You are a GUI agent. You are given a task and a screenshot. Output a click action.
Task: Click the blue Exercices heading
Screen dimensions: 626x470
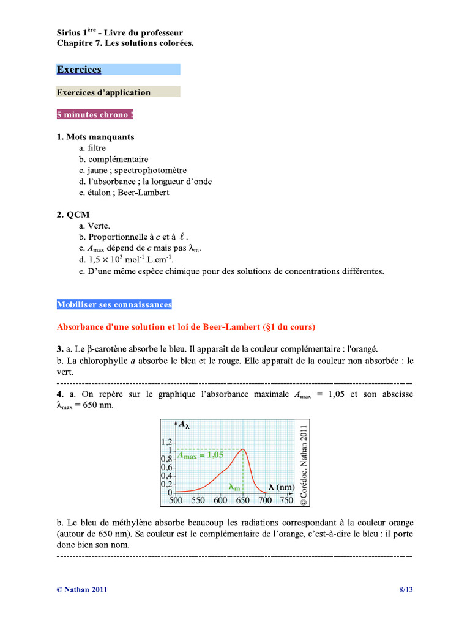click(x=79, y=70)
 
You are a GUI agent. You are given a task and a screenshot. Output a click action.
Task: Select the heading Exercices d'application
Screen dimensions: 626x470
click(x=103, y=92)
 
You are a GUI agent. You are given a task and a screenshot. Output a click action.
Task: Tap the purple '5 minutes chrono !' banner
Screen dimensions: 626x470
click(x=95, y=115)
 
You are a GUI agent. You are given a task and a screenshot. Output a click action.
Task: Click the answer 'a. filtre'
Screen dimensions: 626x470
click(x=92, y=148)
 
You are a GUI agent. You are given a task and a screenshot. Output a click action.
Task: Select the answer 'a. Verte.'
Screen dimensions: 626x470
click(x=94, y=226)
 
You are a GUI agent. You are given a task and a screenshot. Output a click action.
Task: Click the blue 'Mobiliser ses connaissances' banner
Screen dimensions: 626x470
click(x=114, y=304)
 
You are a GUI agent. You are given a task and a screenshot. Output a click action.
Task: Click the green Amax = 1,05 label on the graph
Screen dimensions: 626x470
click(x=200, y=455)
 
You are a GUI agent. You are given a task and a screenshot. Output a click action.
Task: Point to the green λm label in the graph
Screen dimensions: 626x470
click(x=234, y=487)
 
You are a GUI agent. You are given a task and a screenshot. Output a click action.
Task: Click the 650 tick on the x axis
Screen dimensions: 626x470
click(x=243, y=500)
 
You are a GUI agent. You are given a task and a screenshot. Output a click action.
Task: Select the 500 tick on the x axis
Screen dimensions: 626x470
click(x=176, y=500)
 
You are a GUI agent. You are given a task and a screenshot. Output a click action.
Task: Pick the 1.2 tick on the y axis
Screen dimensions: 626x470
click(x=167, y=441)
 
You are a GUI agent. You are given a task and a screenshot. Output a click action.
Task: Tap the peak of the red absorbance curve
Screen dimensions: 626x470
click(x=243, y=449)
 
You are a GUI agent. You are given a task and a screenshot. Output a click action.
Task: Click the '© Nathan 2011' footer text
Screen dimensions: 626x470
click(x=82, y=589)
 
